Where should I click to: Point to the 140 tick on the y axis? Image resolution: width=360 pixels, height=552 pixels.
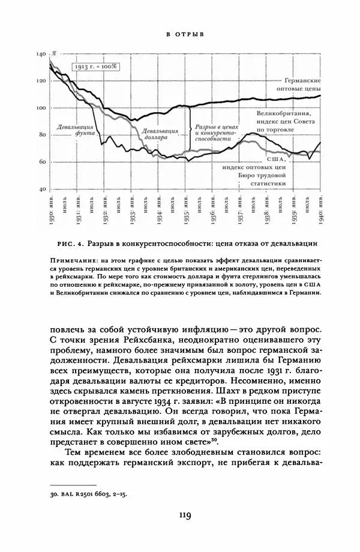(41, 55)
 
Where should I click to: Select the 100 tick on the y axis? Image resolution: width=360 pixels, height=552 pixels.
(41, 108)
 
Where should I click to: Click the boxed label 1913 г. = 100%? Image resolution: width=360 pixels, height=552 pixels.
(96, 66)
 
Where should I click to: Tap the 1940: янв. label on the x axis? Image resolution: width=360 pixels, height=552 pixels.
(322, 208)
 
